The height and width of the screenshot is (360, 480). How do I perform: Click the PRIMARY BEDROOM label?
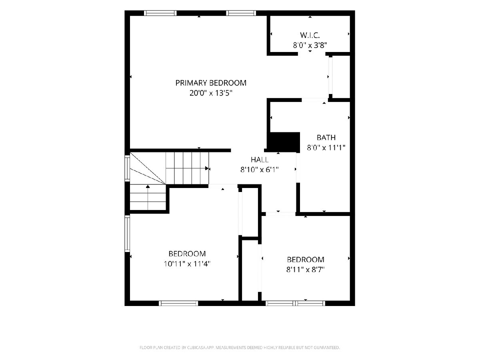pyautogui.click(x=210, y=83)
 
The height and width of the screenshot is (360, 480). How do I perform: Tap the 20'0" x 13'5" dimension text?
pyautogui.click(x=210, y=93)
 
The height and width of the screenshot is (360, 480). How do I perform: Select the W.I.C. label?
pyautogui.click(x=310, y=35)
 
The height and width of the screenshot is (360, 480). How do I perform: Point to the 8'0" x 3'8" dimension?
pyautogui.click(x=310, y=45)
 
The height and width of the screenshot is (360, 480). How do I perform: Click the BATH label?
pyautogui.click(x=326, y=138)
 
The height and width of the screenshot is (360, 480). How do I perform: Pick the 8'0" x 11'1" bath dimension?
pyautogui.click(x=326, y=148)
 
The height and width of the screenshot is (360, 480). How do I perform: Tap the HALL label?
pyautogui.click(x=260, y=160)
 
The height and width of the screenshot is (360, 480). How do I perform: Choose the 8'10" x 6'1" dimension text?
pyautogui.click(x=259, y=170)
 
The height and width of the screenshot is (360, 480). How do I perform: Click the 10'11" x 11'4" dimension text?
pyautogui.click(x=187, y=264)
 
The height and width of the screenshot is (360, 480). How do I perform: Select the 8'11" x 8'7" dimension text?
pyautogui.click(x=305, y=270)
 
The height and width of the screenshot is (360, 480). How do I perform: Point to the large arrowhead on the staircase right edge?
pyautogui.click(x=207, y=168)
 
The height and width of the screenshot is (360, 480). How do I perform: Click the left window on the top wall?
pyautogui.click(x=160, y=13)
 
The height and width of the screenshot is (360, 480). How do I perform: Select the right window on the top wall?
pyautogui.click(x=241, y=13)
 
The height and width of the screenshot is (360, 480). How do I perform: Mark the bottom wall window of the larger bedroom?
pyautogui.click(x=178, y=303)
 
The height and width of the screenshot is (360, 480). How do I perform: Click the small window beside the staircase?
pyautogui.click(x=127, y=168)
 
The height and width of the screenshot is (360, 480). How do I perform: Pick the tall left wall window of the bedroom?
pyautogui.click(x=127, y=234)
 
